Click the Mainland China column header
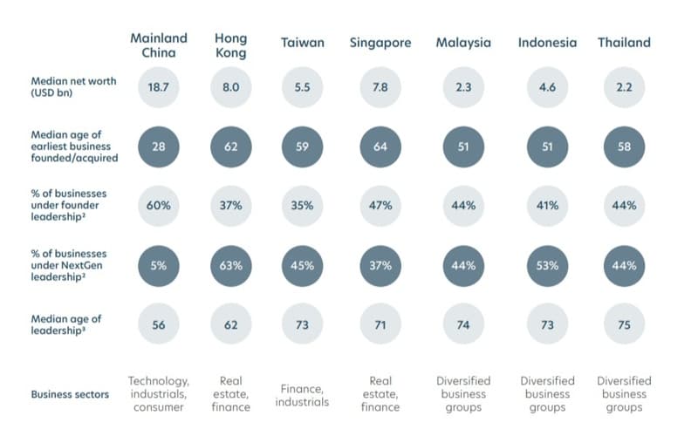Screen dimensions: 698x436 tap(159, 45)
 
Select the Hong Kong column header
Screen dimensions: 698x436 tap(230, 45)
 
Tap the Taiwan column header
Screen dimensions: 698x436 tap(302, 43)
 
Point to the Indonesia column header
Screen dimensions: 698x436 tap(547, 43)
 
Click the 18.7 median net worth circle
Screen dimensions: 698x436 tap(159, 87)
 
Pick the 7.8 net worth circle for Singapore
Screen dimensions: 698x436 tap(380, 87)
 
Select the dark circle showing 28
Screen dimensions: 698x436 tap(159, 146)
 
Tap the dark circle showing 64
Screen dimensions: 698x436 tap(380, 146)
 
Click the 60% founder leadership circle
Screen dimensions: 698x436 tap(159, 206)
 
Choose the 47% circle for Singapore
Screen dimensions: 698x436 tap(380, 206)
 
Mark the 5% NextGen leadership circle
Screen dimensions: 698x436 tap(159, 266)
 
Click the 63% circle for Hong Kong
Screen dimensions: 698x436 tap(230, 266)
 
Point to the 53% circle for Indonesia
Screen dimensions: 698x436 tap(547, 266)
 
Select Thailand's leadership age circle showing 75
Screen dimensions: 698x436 tap(624, 324)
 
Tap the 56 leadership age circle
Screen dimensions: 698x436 tap(159, 324)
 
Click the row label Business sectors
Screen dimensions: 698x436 tap(70, 395)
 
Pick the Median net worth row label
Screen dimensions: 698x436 tap(73, 86)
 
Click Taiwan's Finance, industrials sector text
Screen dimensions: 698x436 tap(302, 395)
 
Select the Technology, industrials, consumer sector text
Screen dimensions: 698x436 tap(159, 394)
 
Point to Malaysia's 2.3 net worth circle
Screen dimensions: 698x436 tap(463, 87)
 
